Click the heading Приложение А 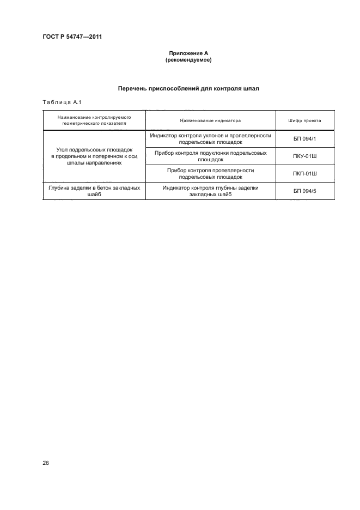pos(188,53)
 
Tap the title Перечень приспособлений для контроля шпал pos(188,88)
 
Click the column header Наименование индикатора pos(210,120)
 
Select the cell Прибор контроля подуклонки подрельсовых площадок pos(210,156)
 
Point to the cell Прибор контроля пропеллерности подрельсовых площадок pos(210,173)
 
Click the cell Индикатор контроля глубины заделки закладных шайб pos(210,191)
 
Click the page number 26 pos(46,463)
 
